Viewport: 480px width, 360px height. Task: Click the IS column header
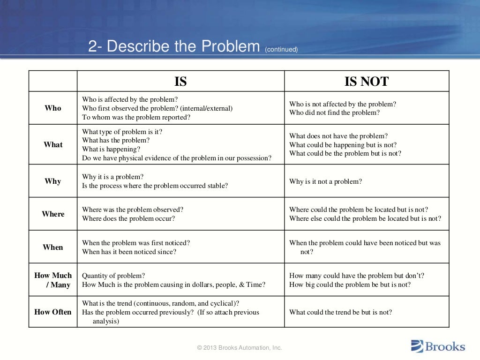[x=180, y=82]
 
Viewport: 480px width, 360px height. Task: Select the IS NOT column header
[x=367, y=82]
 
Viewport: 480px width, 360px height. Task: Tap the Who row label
[x=53, y=108]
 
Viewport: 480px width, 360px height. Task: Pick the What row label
[x=53, y=144]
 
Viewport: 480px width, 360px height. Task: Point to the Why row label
[x=53, y=181]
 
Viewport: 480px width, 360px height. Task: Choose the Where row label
[x=53, y=214]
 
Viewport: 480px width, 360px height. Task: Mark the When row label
[x=53, y=247]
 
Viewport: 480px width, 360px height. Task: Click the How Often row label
[x=53, y=312]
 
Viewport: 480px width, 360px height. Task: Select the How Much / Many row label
[x=53, y=280]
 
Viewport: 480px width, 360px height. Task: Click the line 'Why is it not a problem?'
[x=325, y=181]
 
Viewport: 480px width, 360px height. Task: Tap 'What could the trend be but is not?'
[x=340, y=312]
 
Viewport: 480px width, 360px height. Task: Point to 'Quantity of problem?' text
[x=113, y=276]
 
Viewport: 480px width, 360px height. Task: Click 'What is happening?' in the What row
[x=111, y=149]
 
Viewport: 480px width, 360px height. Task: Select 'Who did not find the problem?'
[x=334, y=112]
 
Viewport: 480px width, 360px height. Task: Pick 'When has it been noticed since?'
[x=129, y=252]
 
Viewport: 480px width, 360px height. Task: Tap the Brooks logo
[x=438, y=346]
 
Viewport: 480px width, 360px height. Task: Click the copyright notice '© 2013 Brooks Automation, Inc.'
[x=240, y=347]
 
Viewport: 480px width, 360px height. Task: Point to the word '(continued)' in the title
[x=281, y=49]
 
